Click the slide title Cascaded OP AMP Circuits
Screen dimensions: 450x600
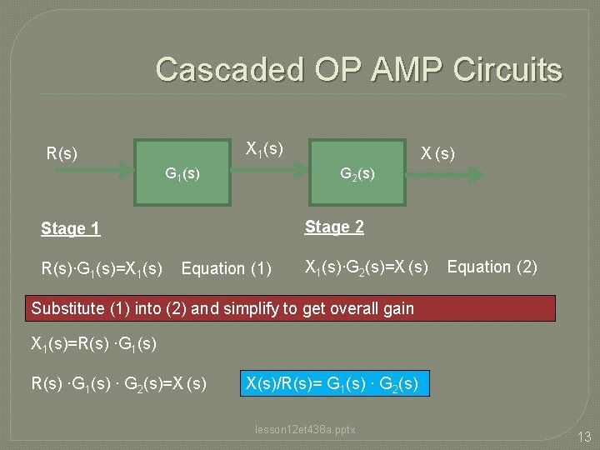(358, 69)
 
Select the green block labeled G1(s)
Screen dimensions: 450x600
(183, 172)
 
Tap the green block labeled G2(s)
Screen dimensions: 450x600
(356, 172)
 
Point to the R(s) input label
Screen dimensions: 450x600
(62, 153)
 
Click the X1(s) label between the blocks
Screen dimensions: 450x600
(264, 148)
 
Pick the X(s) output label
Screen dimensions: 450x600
(437, 153)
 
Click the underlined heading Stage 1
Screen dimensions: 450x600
(71, 228)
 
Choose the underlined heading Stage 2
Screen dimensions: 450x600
(334, 227)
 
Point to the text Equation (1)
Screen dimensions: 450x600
(227, 268)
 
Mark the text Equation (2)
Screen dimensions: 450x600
(492, 267)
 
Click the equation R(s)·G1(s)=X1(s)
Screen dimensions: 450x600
(102, 268)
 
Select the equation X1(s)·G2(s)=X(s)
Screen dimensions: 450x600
(367, 267)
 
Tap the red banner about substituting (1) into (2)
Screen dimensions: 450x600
(292, 308)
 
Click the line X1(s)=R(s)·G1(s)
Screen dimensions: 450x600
(93, 343)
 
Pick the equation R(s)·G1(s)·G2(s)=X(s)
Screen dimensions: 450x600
(119, 384)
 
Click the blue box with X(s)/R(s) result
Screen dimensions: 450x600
(334, 384)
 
